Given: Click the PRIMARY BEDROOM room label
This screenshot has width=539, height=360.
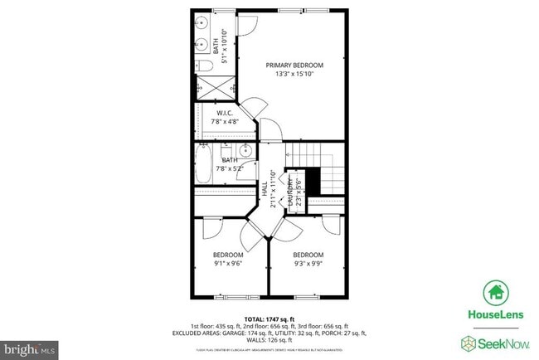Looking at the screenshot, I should (x=294, y=65).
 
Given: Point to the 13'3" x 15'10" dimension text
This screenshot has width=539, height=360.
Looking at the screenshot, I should (x=294, y=74).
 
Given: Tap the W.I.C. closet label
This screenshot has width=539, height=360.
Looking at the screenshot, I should (x=224, y=113).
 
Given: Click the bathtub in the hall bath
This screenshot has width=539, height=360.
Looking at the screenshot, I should (x=206, y=163).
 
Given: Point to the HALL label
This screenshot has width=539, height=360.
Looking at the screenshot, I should (x=265, y=189).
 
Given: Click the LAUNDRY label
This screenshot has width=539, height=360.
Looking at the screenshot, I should (x=291, y=189).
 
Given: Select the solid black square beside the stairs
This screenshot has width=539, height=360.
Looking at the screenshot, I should (x=313, y=180).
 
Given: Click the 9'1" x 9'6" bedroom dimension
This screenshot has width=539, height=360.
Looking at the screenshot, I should (x=228, y=264).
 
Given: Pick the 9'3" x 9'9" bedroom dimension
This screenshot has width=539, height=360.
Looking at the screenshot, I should (x=308, y=264).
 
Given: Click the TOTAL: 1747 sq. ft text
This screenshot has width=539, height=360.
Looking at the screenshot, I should (x=269, y=319).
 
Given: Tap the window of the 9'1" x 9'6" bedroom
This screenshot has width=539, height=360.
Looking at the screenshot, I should (x=227, y=295).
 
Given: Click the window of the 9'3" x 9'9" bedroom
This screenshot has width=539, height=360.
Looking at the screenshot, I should (x=307, y=295).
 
